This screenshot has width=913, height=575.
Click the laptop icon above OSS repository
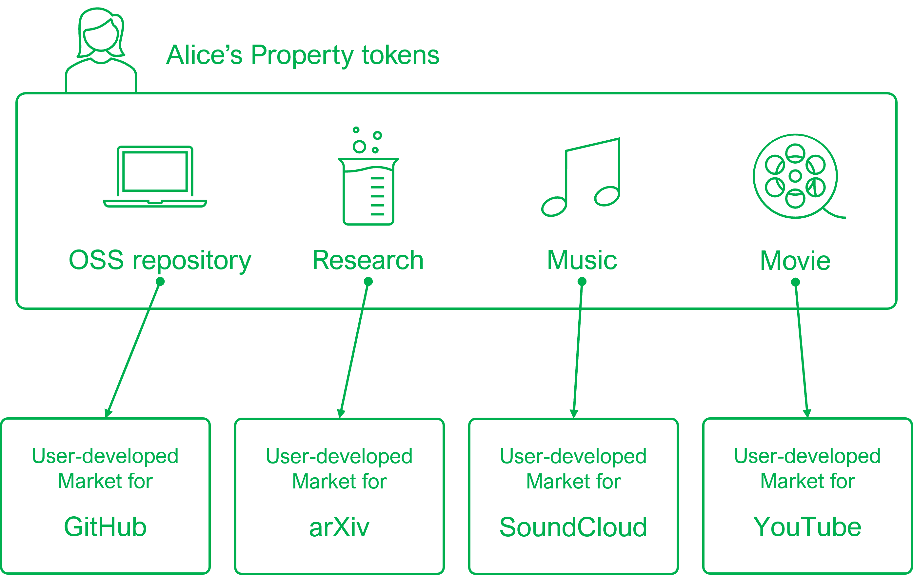point(155,177)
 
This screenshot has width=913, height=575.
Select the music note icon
point(581,177)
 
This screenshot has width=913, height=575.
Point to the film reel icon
point(795,176)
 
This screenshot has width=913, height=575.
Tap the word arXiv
point(339,527)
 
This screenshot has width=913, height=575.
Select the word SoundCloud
point(573,527)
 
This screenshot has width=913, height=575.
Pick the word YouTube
point(807,527)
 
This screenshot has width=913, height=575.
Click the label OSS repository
point(160,261)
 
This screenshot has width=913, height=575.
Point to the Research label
point(368,260)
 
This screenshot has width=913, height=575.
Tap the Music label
point(582,260)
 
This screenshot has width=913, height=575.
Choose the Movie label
point(795,261)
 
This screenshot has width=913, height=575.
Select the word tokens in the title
point(400,55)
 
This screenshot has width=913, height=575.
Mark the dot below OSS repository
point(160,282)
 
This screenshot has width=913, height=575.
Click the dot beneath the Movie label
point(795,282)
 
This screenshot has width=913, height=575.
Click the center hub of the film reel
point(795,176)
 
